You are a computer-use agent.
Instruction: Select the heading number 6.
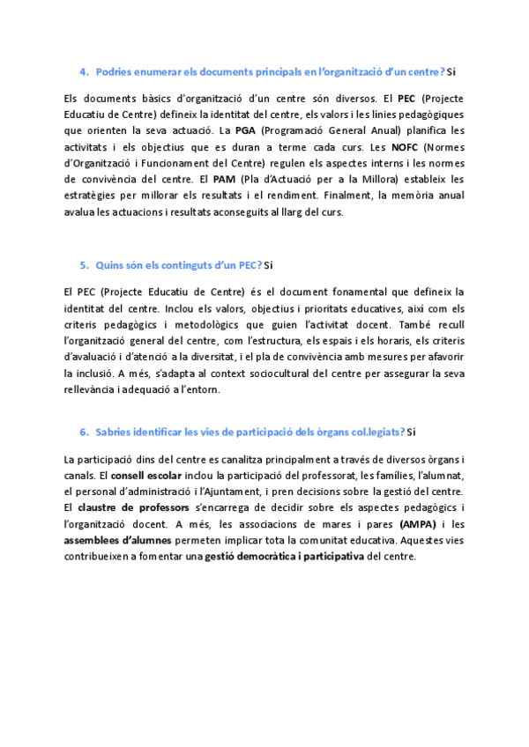(83, 432)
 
